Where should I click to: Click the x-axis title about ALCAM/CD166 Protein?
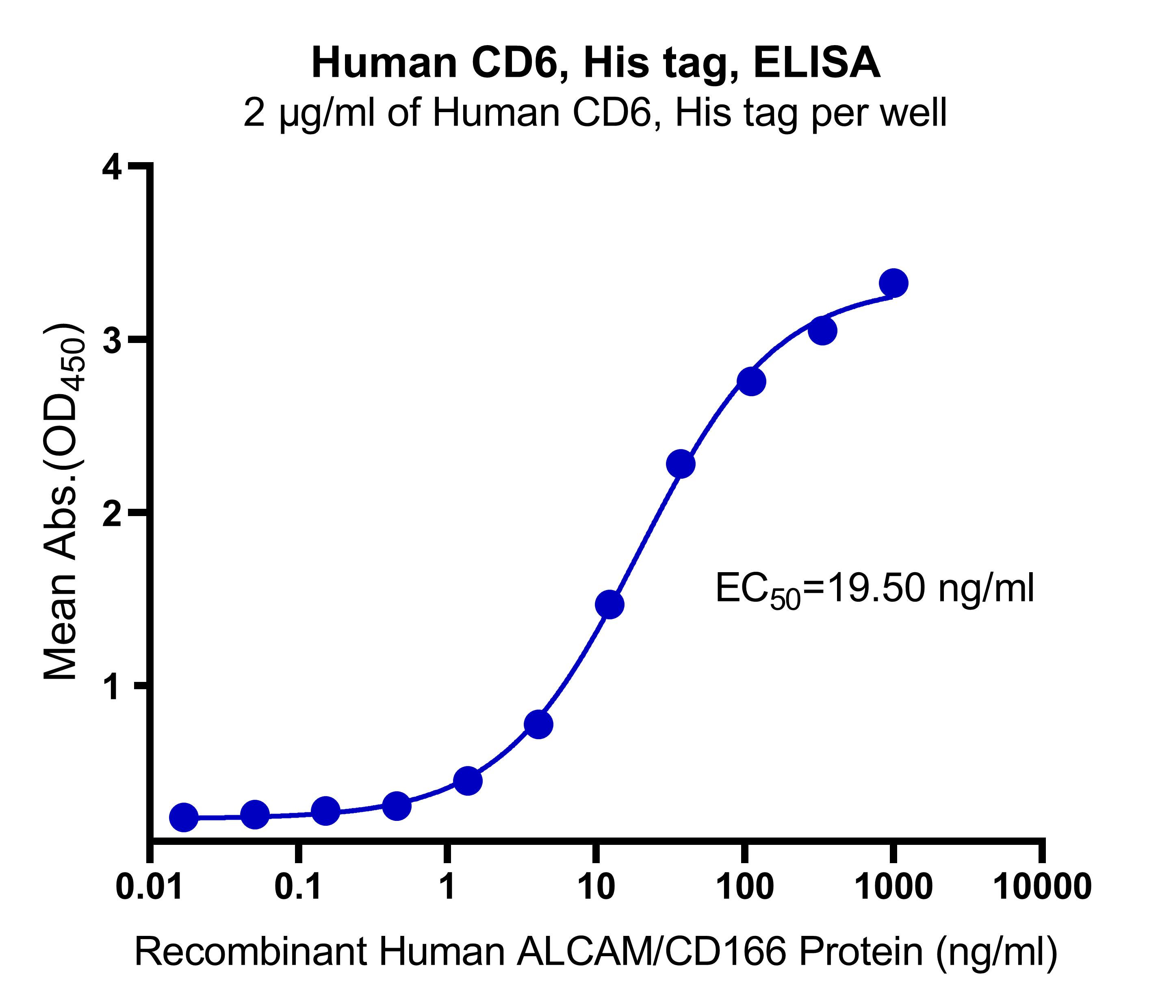(x=596, y=953)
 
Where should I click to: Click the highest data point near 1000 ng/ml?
(x=893, y=283)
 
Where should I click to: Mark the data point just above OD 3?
(x=822, y=331)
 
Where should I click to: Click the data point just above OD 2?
(x=681, y=464)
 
